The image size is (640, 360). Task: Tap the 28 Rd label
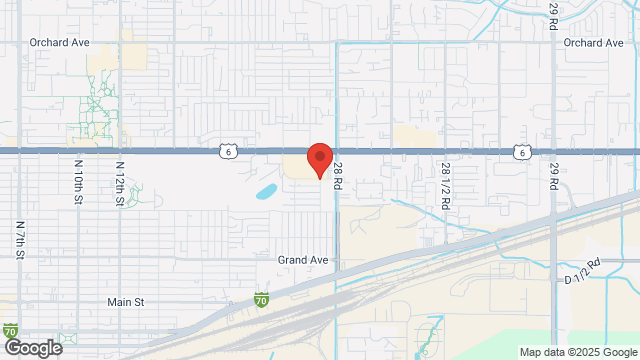pos(339,179)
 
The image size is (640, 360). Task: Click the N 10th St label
pos(78,181)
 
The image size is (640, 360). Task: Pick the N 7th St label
pos(20,239)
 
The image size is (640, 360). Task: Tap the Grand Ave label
pos(304,259)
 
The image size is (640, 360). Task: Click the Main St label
pos(126,301)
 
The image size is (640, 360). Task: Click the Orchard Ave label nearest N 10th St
pos(59,43)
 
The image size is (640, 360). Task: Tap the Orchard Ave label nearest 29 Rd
pos(593,43)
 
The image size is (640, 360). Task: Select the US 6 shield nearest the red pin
pos(229,151)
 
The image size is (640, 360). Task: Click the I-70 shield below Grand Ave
pos(261,298)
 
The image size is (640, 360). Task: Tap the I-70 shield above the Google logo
pos(10,329)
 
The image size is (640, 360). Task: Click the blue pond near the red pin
pos(266,189)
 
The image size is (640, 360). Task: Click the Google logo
pos(32,348)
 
